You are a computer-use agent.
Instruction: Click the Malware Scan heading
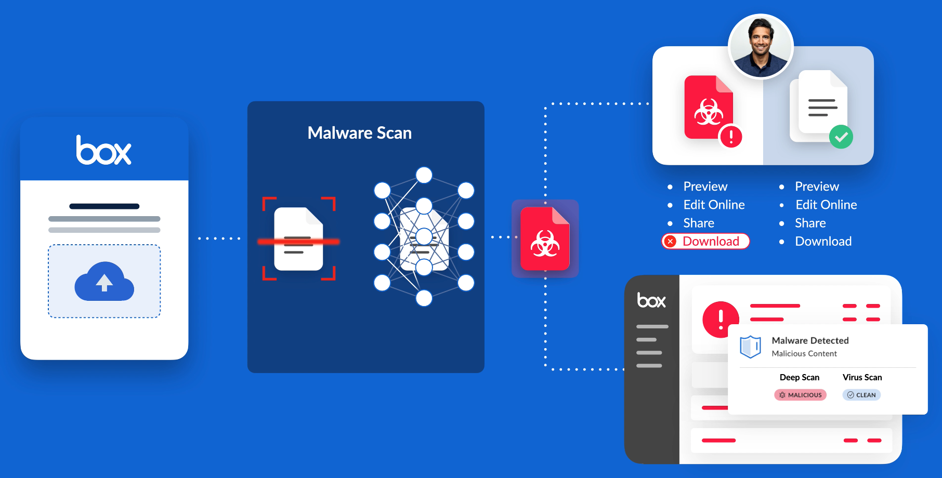(359, 133)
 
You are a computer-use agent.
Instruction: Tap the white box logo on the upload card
(104, 150)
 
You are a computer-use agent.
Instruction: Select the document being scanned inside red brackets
(298, 239)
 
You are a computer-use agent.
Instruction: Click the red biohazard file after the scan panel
(545, 239)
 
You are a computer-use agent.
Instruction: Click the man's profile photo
(761, 46)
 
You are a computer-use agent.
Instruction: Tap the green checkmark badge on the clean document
(841, 137)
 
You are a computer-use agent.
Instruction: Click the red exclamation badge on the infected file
(730, 137)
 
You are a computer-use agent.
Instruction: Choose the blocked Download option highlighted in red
(705, 241)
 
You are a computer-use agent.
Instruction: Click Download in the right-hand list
(823, 241)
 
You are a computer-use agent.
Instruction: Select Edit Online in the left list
(714, 205)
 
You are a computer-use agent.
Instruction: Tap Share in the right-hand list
(810, 223)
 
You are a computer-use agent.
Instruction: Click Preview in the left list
(705, 187)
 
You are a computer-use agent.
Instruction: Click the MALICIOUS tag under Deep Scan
(800, 395)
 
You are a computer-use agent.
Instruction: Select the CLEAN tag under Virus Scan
(861, 395)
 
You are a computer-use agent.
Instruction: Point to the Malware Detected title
(810, 340)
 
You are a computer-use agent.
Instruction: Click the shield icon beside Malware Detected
(750, 347)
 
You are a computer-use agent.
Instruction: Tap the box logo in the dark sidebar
(651, 300)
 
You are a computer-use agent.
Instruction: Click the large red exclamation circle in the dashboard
(721, 319)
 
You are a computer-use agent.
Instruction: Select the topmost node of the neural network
(424, 175)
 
